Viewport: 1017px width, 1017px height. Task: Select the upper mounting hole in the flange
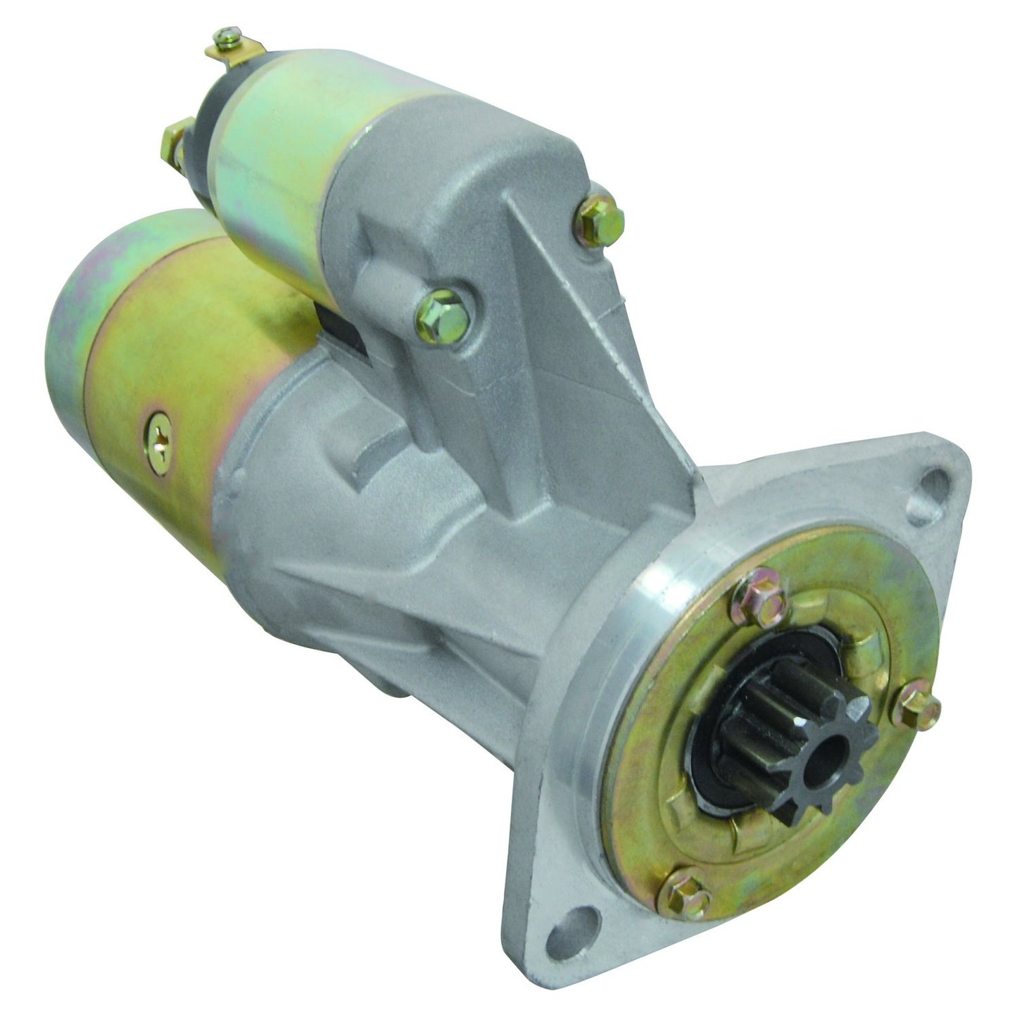click(930, 485)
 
